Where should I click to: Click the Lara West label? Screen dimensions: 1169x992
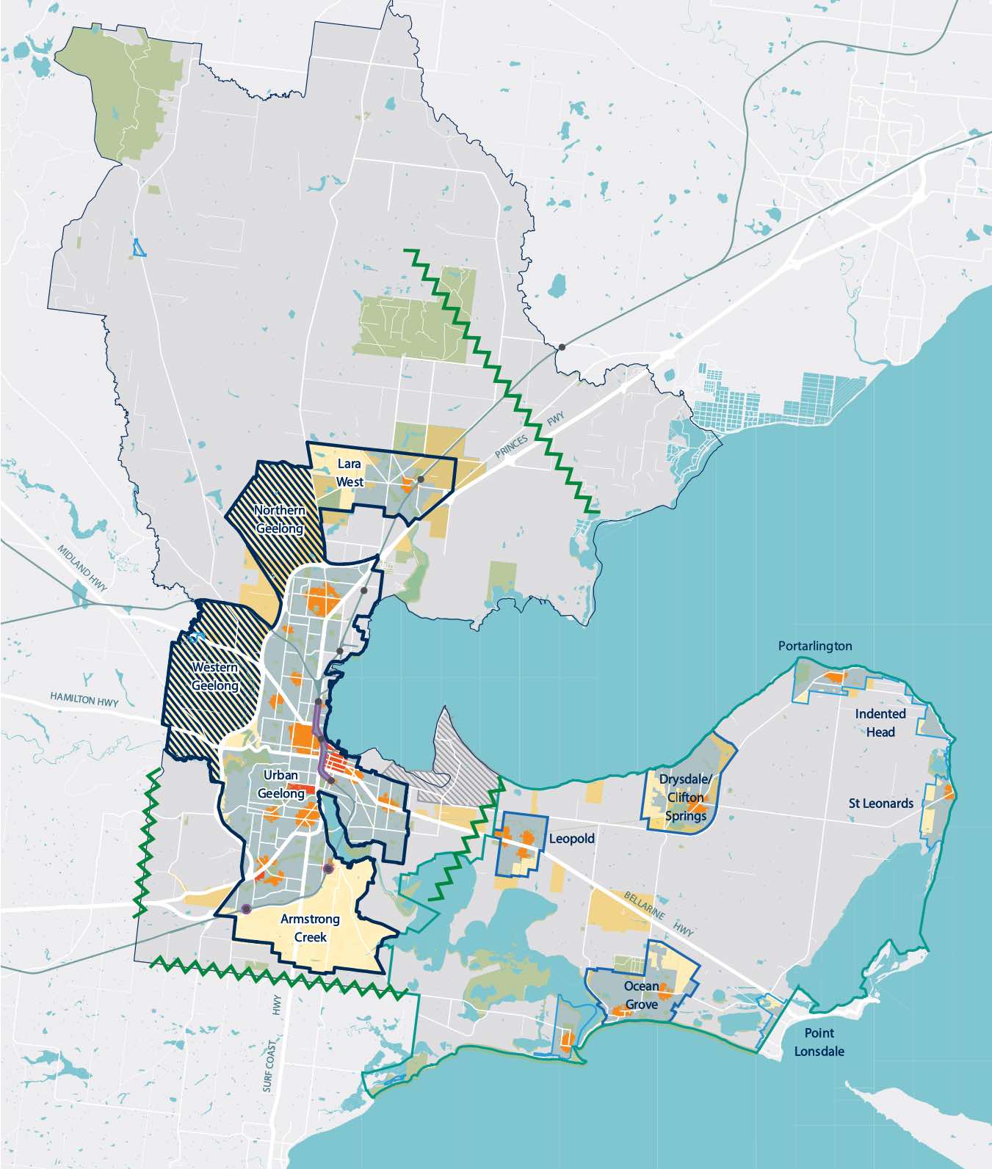[x=350, y=473]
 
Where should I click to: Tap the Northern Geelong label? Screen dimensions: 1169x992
[x=279, y=520]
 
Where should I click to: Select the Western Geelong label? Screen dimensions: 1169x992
[x=215, y=677]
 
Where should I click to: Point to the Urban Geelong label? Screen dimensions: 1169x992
[x=281, y=784]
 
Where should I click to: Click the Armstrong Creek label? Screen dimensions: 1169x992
[x=310, y=928]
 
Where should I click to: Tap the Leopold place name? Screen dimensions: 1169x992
[x=572, y=839]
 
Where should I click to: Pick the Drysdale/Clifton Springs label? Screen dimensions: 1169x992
[x=686, y=797]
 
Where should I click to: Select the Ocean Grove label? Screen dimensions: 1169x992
[x=641, y=995]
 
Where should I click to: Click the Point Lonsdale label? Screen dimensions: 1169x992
[x=819, y=1042]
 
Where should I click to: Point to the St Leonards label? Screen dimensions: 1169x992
[x=881, y=804]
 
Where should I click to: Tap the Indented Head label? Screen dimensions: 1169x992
[x=880, y=723]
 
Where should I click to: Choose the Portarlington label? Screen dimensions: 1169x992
[x=815, y=646]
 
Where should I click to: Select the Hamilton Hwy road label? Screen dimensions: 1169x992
[x=84, y=699]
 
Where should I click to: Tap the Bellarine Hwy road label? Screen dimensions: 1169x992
[x=659, y=914]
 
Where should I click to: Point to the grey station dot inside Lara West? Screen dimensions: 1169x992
[x=421, y=479]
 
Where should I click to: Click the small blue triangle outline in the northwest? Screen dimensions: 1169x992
[x=138, y=248]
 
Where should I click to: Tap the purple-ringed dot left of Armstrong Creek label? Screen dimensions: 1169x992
[x=246, y=909]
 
